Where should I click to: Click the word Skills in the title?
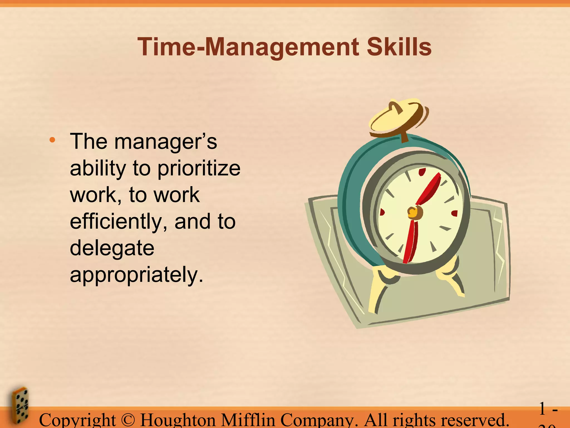399,47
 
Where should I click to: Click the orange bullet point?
52,140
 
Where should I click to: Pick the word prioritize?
199,169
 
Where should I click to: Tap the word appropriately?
136,275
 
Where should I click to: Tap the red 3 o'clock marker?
454,213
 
